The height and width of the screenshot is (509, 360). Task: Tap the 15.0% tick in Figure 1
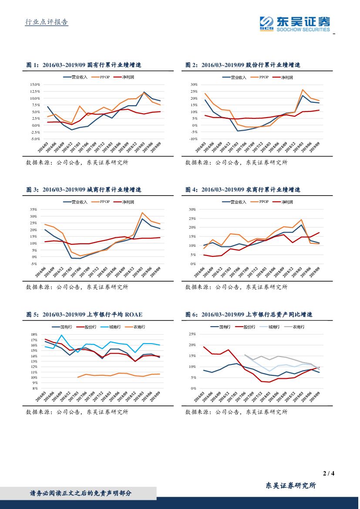(35, 84)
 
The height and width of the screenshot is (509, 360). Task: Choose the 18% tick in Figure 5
(33, 334)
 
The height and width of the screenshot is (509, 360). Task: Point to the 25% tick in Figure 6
(192, 334)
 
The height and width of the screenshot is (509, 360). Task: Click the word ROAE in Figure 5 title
(134, 314)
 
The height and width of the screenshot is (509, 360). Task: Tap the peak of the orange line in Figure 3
(142, 213)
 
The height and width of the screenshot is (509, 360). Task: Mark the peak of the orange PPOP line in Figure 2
(302, 90)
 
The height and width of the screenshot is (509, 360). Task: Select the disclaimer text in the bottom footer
(81, 493)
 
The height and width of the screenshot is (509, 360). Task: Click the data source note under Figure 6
(236, 411)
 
